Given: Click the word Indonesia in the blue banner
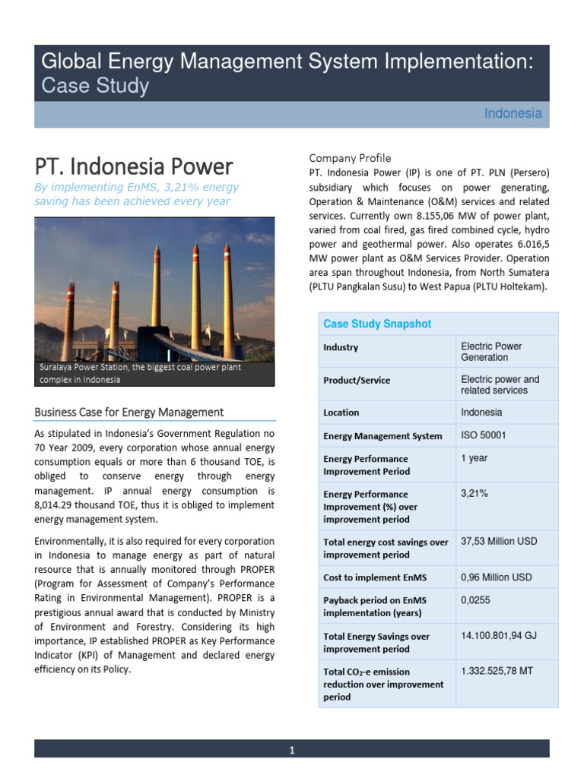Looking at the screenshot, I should click(x=513, y=114).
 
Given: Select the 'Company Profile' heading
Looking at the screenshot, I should click(x=350, y=158).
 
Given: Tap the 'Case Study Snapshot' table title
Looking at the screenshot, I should click(x=377, y=324).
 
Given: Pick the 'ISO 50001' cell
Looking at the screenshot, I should click(x=483, y=435).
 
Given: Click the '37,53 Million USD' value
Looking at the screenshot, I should click(x=499, y=542).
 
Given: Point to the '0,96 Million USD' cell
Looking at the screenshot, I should click(x=497, y=577).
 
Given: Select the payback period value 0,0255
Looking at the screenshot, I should click(x=476, y=599).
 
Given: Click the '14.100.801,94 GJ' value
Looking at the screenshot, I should click(x=499, y=635).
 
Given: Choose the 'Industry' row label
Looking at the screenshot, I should click(x=341, y=347).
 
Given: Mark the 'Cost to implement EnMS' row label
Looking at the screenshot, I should click(x=372, y=577).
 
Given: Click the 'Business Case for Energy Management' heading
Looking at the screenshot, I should click(x=129, y=412).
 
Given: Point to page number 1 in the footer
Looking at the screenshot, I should click(x=291, y=751).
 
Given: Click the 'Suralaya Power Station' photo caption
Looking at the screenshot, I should click(x=141, y=373).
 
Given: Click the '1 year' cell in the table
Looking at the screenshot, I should click(x=474, y=458).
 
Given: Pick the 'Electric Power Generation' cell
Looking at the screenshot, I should click(x=491, y=352).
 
